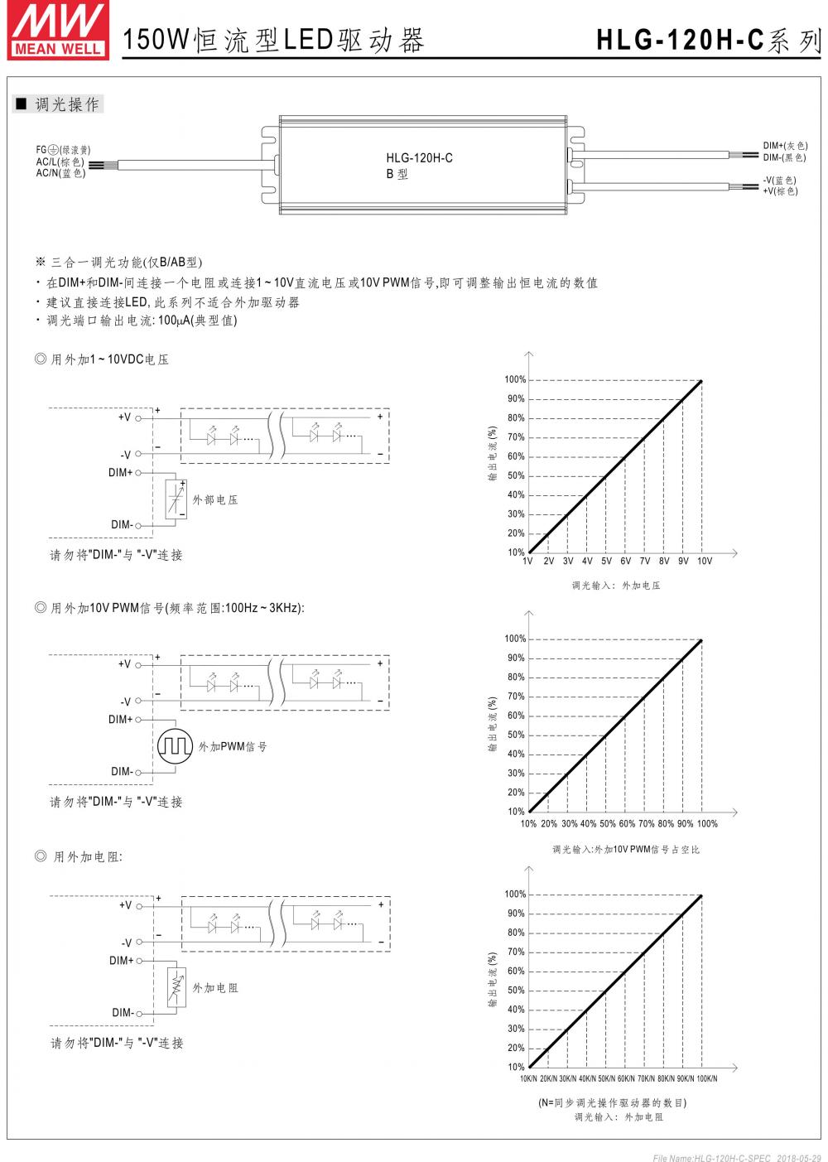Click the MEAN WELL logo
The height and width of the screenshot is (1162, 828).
tap(57, 30)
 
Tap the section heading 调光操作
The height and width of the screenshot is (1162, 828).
tap(67, 104)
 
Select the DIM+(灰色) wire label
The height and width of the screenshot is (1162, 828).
tap(785, 146)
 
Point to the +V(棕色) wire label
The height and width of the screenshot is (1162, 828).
tap(780, 191)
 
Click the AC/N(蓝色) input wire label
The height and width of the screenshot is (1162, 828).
tap(60, 173)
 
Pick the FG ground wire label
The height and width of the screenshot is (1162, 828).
tap(63, 150)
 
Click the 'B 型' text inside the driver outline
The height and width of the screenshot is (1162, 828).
tap(397, 175)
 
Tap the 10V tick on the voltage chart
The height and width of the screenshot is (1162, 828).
tap(704, 561)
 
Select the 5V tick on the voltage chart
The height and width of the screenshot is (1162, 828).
tap(606, 561)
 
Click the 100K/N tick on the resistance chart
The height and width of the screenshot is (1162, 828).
tap(706, 1078)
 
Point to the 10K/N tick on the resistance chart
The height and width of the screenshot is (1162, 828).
tap(529, 1078)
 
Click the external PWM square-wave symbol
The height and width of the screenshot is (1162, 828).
tap(175, 745)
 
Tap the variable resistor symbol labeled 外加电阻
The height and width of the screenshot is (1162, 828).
tap(176, 987)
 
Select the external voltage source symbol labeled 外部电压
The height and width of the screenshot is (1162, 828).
tap(176, 499)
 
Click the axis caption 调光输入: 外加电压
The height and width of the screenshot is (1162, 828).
tap(616, 586)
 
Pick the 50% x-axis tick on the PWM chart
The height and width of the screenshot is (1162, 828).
tap(608, 824)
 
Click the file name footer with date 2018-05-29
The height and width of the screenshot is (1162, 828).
tap(736, 1157)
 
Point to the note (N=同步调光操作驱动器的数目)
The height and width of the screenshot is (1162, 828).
tap(612, 1103)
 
